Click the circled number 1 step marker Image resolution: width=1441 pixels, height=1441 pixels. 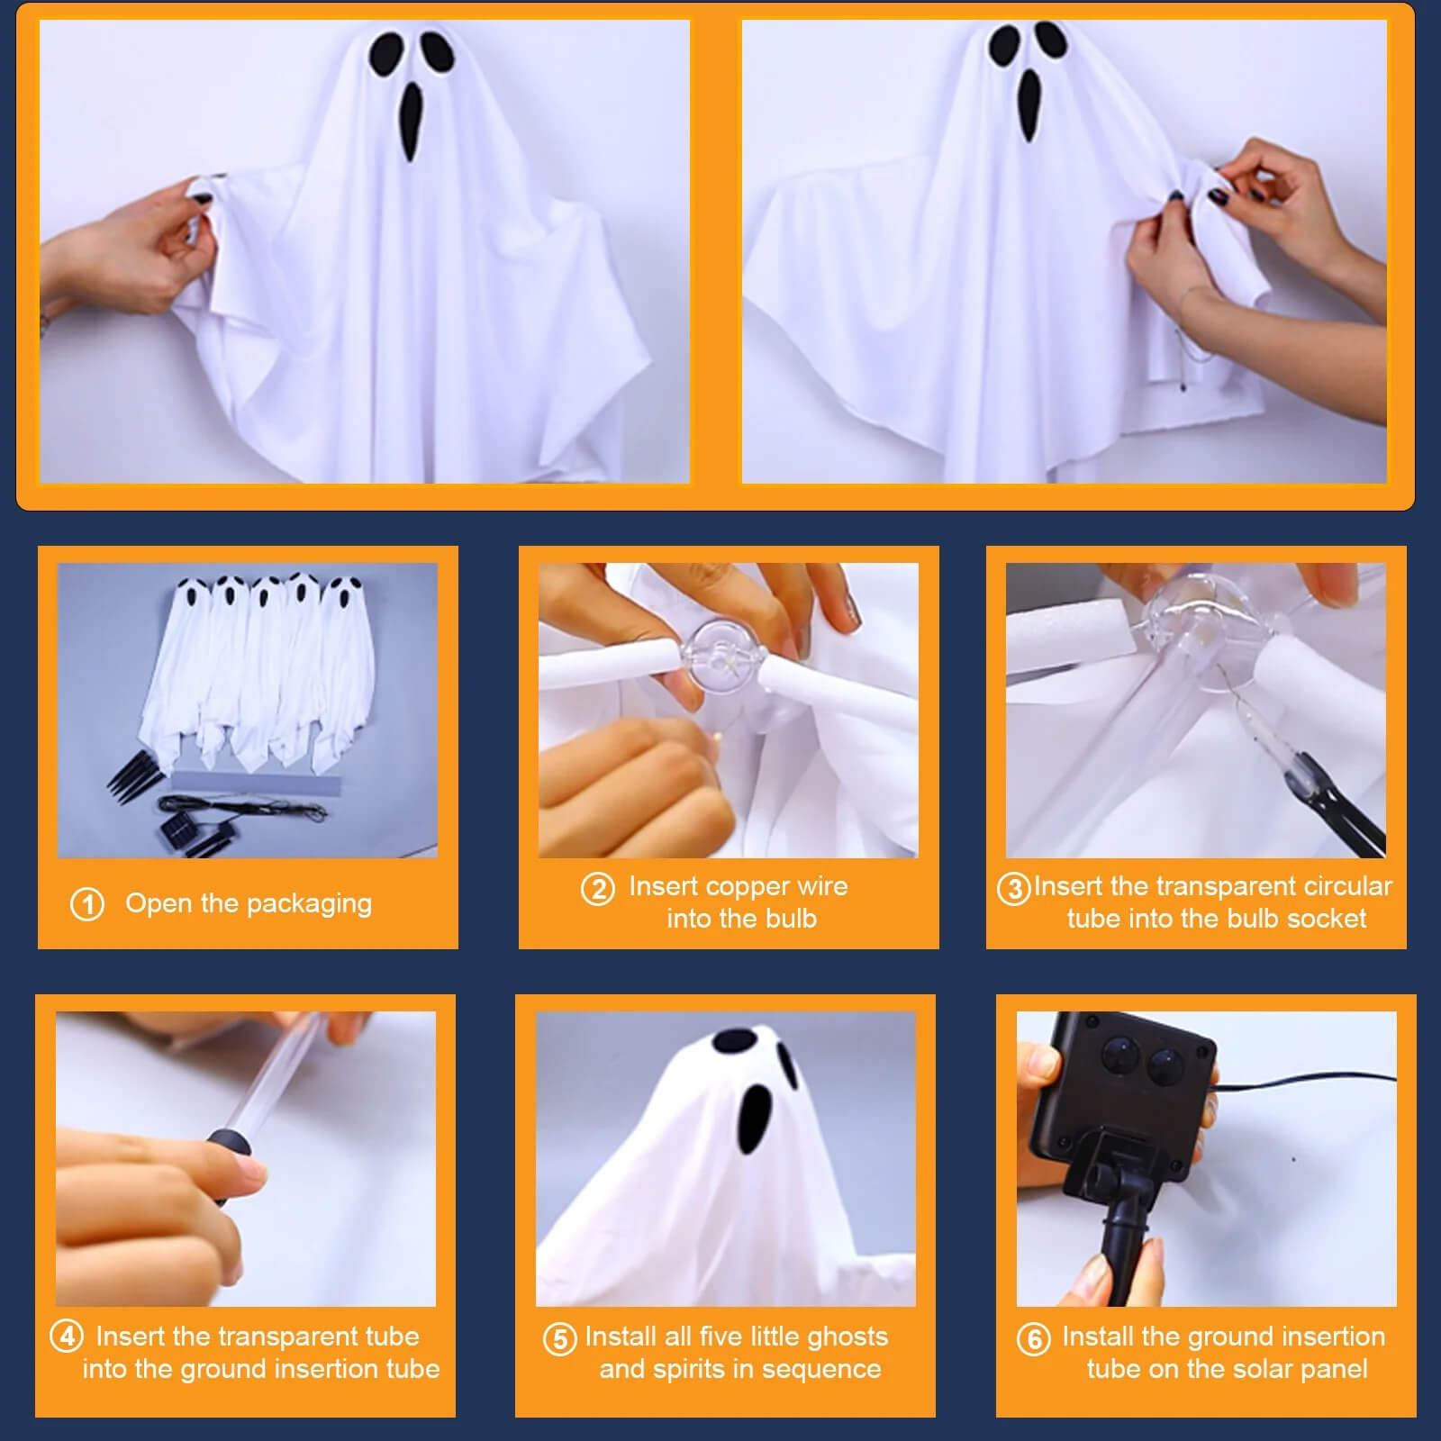[87, 904]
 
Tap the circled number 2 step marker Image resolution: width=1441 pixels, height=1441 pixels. [598, 889]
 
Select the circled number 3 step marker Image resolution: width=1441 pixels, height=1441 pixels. [1014, 889]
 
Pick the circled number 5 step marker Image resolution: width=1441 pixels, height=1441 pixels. [559, 1338]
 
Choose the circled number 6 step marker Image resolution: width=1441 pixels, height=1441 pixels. [1034, 1338]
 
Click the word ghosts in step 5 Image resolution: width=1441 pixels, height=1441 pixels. [847, 1337]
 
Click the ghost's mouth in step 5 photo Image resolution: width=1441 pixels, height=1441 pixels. [757, 1118]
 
